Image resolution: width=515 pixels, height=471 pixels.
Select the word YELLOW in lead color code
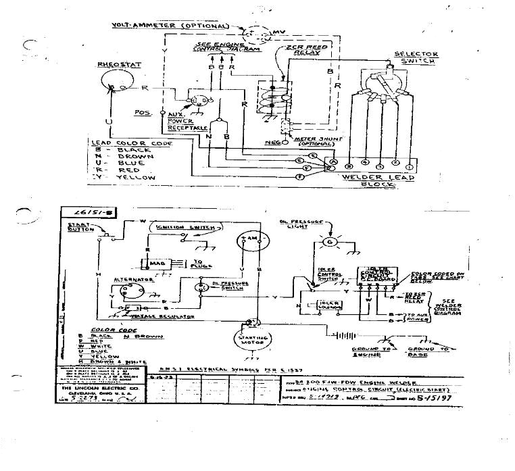pyautogui.click(x=136, y=177)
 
